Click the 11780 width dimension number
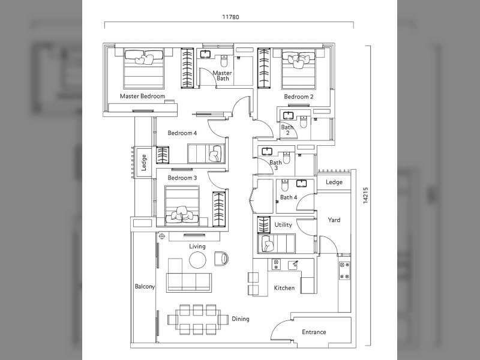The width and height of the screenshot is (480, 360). pyautogui.click(x=230, y=17)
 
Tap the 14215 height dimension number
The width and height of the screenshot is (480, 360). pyautogui.click(x=365, y=196)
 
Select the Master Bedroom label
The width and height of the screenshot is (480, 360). pyautogui.click(x=142, y=96)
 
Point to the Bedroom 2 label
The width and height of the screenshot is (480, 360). pyautogui.click(x=298, y=97)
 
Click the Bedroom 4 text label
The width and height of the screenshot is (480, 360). pyautogui.click(x=182, y=133)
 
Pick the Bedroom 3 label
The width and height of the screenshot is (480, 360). pyautogui.click(x=182, y=178)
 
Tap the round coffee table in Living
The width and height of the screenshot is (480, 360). pyautogui.click(x=197, y=260)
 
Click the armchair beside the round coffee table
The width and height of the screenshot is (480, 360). pyautogui.click(x=221, y=259)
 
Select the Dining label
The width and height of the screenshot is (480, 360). pyautogui.click(x=241, y=319)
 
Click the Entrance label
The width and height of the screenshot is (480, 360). pyautogui.click(x=314, y=332)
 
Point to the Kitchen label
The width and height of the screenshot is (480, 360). pyautogui.click(x=284, y=288)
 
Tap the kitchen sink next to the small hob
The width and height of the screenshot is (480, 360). pyautogui.click(x=293, y=265)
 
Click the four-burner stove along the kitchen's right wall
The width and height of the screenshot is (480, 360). pyautogui.click(x=344, y=271)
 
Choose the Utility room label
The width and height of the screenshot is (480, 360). pyautogui.click(x=283, y=224)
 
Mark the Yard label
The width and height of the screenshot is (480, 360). pyautogui.click(x=334, y=220)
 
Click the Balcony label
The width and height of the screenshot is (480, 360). pyautogui.click(x=145, y=287)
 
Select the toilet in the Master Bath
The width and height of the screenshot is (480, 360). pyautogui.click(x=224, y=61)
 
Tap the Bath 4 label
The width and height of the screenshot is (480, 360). pyautogui.click(x=289, y=197)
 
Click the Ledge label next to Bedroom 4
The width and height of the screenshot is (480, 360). pyautogui.click(x=144, y=163)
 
